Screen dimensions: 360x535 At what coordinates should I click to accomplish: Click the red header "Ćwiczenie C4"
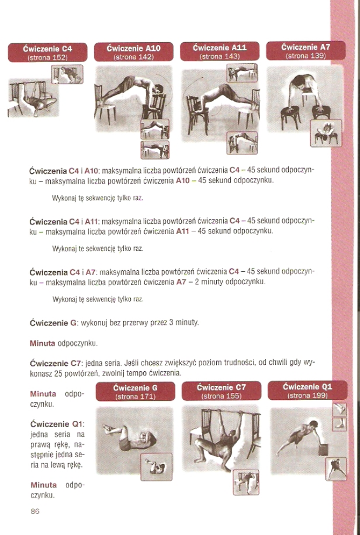(x=48, y=52)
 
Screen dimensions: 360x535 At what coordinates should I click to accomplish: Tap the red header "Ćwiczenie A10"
(x=134, y=52)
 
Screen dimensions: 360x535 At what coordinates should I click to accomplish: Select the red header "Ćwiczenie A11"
(x=219, y=51)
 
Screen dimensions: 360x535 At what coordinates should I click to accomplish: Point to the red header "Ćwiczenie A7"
(x=306, y=50)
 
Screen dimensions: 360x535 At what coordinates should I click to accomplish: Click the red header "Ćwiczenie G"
(x=136, y=392)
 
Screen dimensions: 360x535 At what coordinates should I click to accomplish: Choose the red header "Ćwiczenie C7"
(x=222, y=391)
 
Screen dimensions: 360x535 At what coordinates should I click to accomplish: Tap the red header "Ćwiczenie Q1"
(x=308, y=390)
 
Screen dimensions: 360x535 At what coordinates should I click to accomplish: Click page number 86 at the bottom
(x=35, y=511)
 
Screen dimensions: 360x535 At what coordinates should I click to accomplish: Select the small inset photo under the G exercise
(x=156, y=467)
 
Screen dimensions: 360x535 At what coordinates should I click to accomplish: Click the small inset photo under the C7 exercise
(x=246, y=482)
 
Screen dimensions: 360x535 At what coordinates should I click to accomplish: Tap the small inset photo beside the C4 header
(x=67, y=75)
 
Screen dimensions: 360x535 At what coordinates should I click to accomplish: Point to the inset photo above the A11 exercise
(x=242, y=72)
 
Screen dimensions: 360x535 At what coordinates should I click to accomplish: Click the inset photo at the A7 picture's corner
(x=326, y=133)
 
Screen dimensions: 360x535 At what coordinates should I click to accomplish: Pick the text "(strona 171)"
(x=136, y=397)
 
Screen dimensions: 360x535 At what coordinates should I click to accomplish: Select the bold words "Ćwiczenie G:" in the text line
(x=54, y=323)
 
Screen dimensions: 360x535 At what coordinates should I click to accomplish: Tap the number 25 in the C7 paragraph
(x=58, y=373)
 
